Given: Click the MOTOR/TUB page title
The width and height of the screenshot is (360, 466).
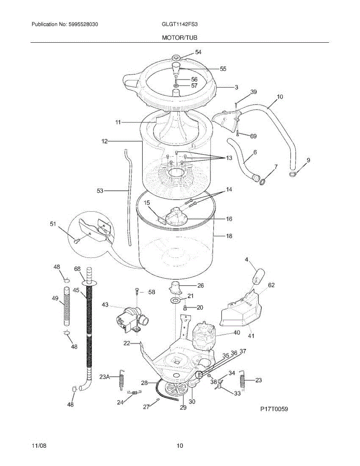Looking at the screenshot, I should click(x=180, y=38).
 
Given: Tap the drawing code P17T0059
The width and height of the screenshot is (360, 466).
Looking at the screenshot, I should click(x=275, y=409).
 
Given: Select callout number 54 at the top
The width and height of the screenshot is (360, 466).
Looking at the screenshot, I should click(x=198, y=52).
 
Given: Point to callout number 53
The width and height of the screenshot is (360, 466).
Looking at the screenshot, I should click(x=100, y=191).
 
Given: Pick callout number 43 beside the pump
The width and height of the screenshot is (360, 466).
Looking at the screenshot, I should click(x=105, y=305).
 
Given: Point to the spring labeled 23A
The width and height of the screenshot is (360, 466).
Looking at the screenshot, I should click(x=122, y=377).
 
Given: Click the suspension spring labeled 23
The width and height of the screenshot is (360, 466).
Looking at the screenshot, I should click(x=243, y=378).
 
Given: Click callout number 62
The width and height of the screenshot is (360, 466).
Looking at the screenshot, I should click(x=271, y=285).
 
